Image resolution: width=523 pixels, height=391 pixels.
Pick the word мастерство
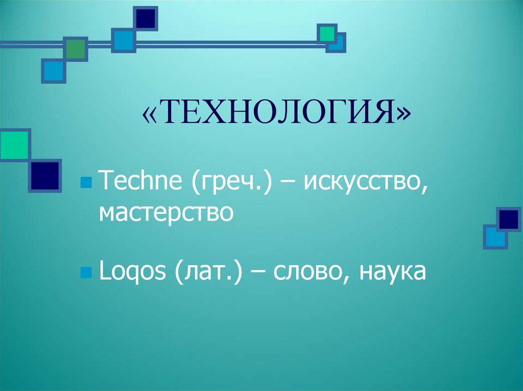(x=166, y=212)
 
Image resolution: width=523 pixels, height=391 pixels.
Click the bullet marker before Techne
(x=86, y=183)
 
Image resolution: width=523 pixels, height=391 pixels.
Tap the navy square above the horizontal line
(x=146, y=18)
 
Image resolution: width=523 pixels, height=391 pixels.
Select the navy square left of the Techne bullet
(x=45, y=176)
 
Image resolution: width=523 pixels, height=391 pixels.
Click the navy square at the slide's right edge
(x=509, y=219)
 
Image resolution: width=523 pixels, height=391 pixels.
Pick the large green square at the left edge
(x=13, y=145)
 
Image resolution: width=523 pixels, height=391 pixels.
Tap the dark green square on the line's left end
(x=76, y=49)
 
